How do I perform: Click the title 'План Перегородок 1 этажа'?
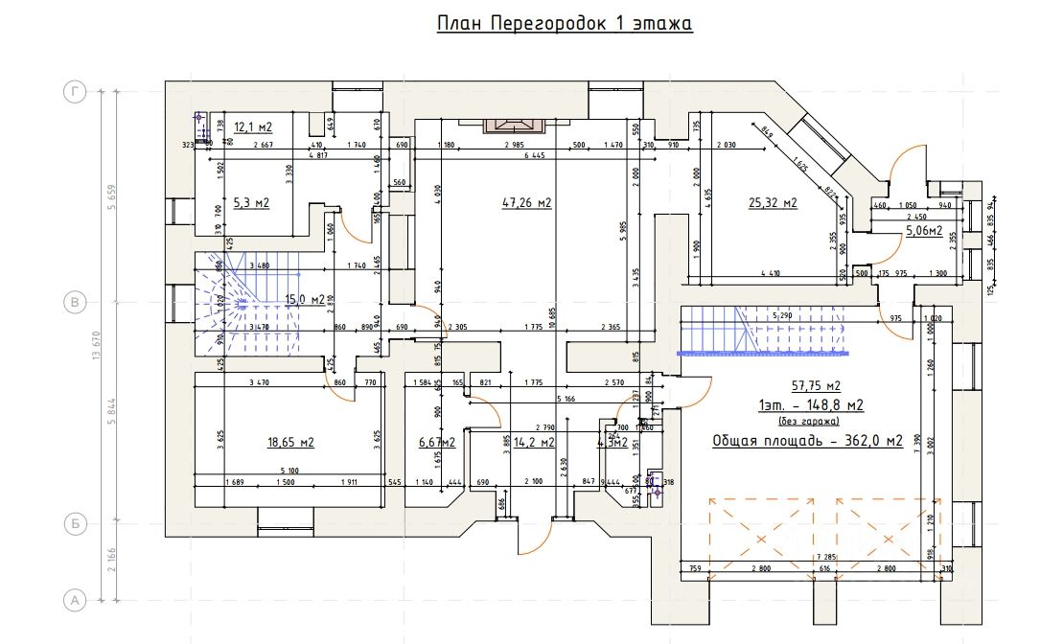565,23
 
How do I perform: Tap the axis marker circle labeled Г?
74,92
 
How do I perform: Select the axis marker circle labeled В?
74,303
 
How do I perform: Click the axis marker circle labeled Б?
74,524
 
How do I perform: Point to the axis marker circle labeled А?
74,600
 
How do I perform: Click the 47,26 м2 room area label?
527,202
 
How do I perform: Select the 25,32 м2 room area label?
773,202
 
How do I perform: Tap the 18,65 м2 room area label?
290,442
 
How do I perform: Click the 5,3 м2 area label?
251,202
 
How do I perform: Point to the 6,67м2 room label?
436,442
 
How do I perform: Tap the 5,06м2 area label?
924,230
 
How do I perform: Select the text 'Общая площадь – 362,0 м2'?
807,441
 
